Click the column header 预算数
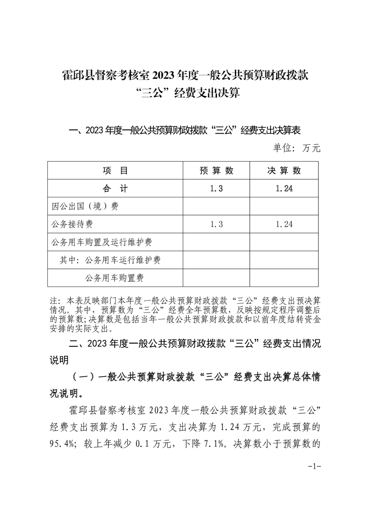tap(216, 170)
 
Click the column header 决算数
tap(284, 170)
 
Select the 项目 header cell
tap(115, 170)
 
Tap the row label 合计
tap(115, 189)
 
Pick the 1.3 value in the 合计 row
tap(216, 189)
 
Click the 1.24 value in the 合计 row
tap(284, 189)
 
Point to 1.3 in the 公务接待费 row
tap(216, 224)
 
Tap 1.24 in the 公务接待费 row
tap(284, 224)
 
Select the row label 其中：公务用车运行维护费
tap(110, 260)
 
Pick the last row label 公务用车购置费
tap(114, 278)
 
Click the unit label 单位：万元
tap(297, 148)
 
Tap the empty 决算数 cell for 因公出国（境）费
tap(284, 206)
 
